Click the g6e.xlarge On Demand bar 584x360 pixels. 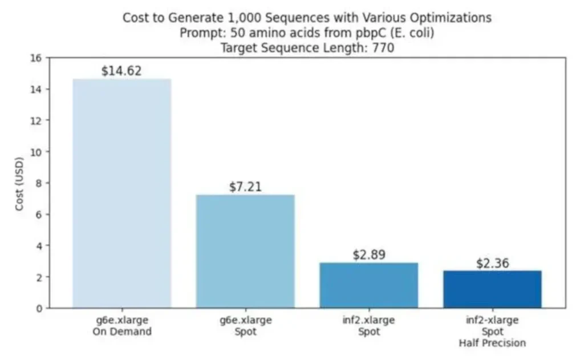(x=121, y=194)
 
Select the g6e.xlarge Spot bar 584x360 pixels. (x=245, y=252)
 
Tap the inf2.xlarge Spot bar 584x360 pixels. (x=368, y=285)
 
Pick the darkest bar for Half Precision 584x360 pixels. (x=492, y=289)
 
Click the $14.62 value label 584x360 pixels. (x=121, y=71)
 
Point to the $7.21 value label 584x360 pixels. (x=245, y=187)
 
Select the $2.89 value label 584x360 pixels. (x=368, y=255)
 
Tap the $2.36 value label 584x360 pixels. (x=492, y=264)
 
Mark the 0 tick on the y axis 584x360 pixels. (x=39, y=309)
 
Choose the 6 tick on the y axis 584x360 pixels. (x=39, y=215)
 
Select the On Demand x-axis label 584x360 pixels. (x=121, y=331)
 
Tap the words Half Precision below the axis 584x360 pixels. (x=492, y=343)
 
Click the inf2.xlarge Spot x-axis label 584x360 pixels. (x=368, y=326)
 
